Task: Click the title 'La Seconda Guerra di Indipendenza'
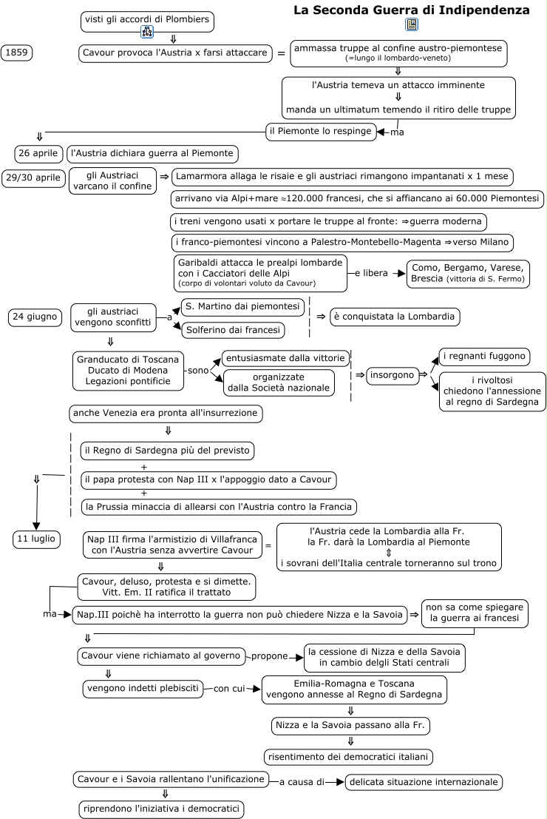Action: coord(411,10)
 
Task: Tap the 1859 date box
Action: coord(17,53)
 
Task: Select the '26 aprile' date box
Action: coord(38,154)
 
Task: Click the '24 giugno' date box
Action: coord(35,317)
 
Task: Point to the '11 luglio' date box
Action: coord(36,539)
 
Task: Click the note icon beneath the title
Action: coord(412,24)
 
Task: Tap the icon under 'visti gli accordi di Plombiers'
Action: coord(147,33)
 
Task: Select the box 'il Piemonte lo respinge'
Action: coord(321,131)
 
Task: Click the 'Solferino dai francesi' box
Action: coord(233,330)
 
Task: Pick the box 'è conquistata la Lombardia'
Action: coord(395,317)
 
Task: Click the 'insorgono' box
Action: coord(392,375)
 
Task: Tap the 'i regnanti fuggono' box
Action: coord(484,357)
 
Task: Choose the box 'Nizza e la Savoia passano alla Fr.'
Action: coord(350,726)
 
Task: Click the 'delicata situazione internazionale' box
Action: coord(424,783)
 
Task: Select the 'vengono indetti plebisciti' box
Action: coord(143,689)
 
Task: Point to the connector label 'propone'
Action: coord(269,656)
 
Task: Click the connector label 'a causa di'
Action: coord(301,783)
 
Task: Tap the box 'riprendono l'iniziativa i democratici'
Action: coord(161,809)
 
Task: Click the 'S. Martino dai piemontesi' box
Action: coord(242,306)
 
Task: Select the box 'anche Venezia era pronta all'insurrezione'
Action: coord(166,414)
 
